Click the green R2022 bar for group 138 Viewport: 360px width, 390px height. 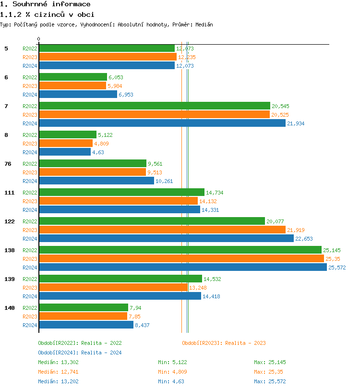[180, 250]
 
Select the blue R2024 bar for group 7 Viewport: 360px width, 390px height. [162, 123]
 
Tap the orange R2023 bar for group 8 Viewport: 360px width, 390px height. [66, 143]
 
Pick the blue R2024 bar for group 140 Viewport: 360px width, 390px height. [86, 325]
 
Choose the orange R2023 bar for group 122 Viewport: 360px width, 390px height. [162, 230]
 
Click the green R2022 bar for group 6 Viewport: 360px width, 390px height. [73, 77]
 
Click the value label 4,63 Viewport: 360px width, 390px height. [98, 152]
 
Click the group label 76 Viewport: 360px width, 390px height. [8, 164]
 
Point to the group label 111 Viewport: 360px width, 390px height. [9, 193]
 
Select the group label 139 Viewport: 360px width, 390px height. [9, 279]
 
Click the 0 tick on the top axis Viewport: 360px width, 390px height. [39, 39]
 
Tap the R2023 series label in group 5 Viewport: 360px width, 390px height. [30, 57]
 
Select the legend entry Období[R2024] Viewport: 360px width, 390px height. [58, 353]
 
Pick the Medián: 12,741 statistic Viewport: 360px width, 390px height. [55, 372]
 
